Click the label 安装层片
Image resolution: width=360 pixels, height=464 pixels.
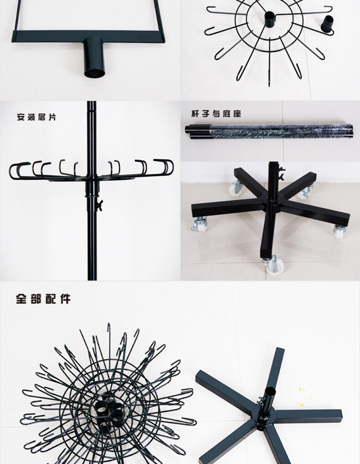coord(36,117)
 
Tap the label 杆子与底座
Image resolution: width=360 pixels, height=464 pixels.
coord(216,114)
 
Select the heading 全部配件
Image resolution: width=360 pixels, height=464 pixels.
coord(43,299)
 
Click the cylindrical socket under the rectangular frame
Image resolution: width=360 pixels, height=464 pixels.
coord(95,57)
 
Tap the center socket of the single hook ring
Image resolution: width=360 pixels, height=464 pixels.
coord(269,20)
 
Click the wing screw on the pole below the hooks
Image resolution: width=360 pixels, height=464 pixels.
coord(100,205)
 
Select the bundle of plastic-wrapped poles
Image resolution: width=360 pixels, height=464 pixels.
coord(269,131)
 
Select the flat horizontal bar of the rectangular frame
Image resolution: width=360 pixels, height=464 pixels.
coord(88,36)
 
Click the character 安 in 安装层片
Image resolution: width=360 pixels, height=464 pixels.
coord(21,117)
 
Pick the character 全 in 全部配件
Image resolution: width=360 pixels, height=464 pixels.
coord(21,299)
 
